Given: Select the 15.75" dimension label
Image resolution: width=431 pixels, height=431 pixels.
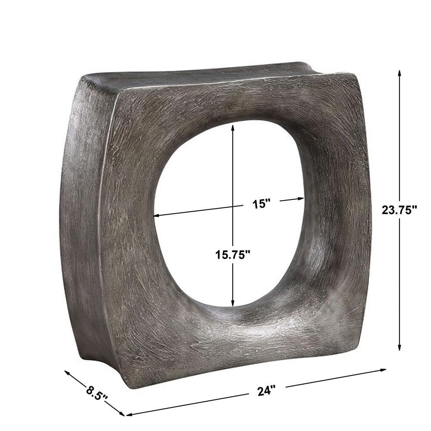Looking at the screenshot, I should (233, 255).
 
